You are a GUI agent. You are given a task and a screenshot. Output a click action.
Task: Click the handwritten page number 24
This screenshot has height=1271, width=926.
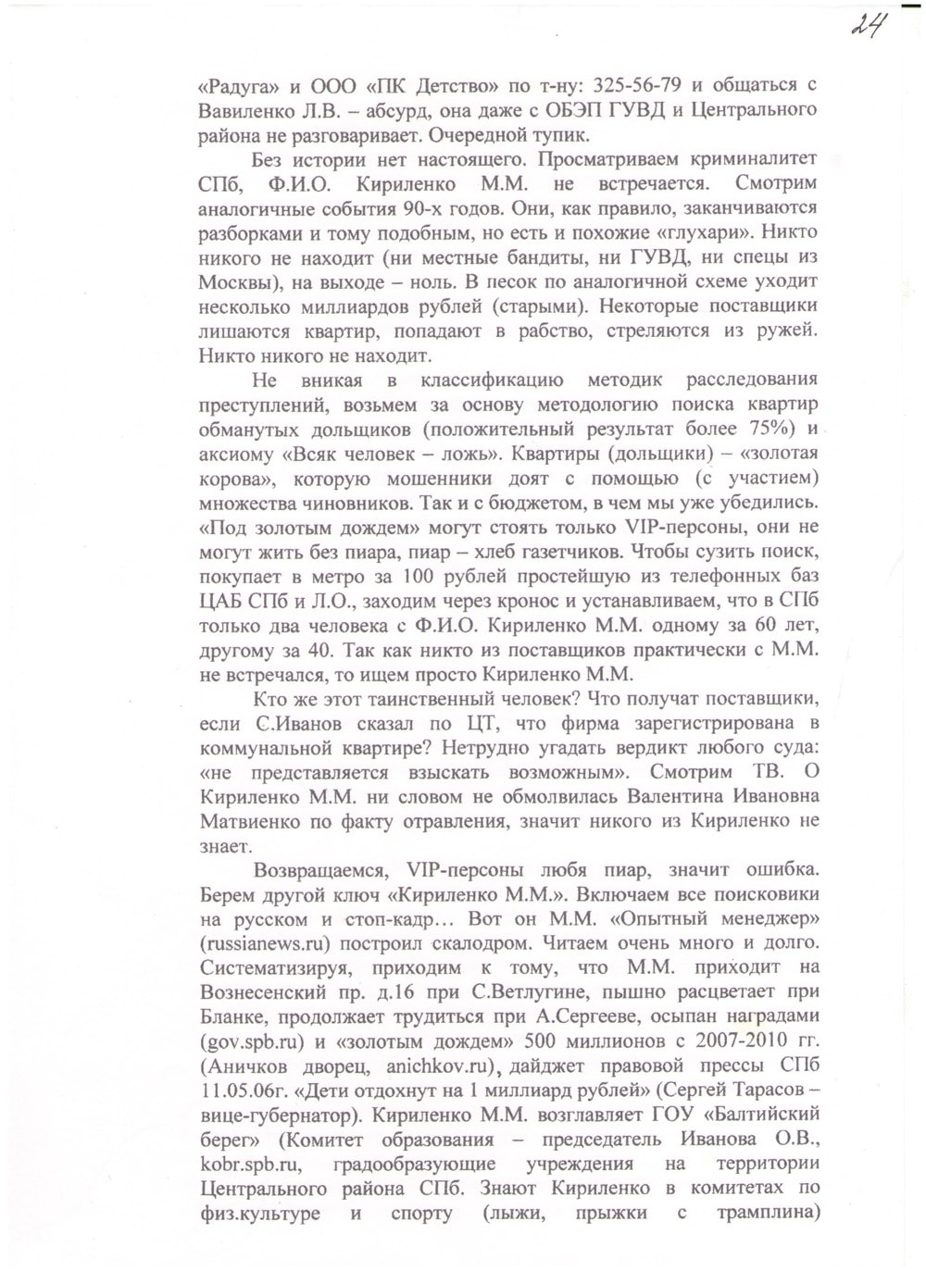tap(869, 22)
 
